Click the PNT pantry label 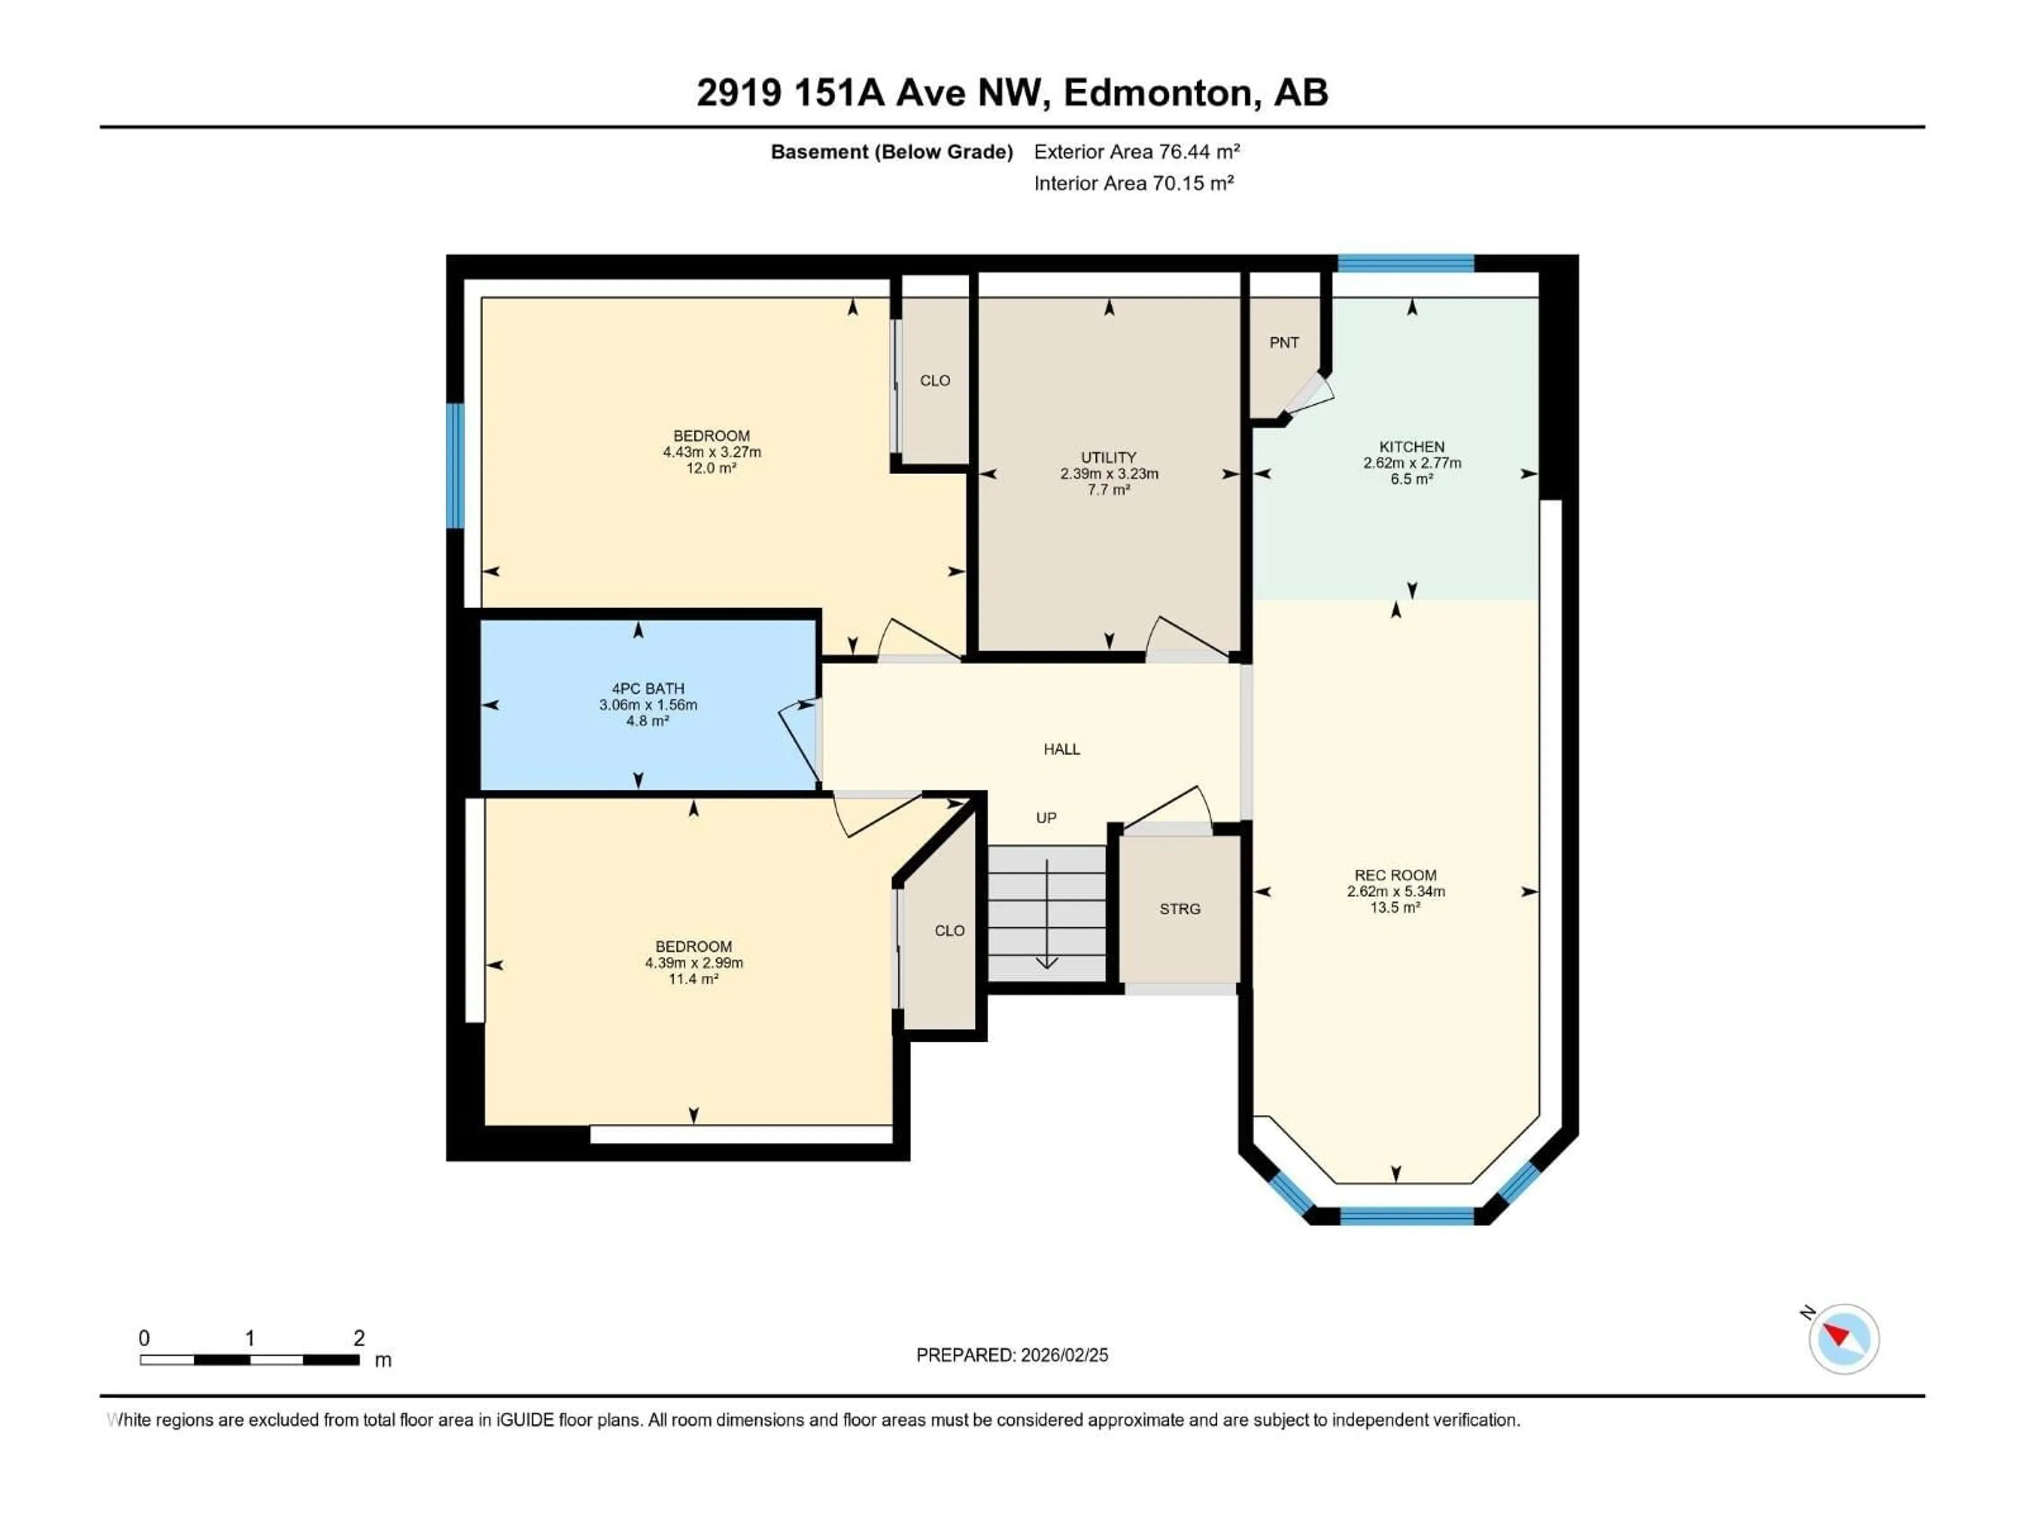click(x=1283, y=342)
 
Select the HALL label click(x=1062, y=749)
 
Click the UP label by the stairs click(x=1046, y=818)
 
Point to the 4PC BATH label click(x=647, y=688)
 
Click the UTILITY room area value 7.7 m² click(x=1108, y=490)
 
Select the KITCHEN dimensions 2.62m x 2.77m click(x=1411, y=463)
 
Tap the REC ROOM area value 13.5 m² click(x=1395, y=907)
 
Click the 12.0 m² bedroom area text click(x=712, y=468)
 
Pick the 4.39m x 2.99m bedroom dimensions click(x=693, y=963)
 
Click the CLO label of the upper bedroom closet click(x=935, y=381)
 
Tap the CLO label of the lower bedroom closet click(x=949, y=930)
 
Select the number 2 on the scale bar click(x=359, y=1338)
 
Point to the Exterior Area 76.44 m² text click(x=1136, y=152)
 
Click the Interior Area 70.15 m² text click(x=1133, y=183)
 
